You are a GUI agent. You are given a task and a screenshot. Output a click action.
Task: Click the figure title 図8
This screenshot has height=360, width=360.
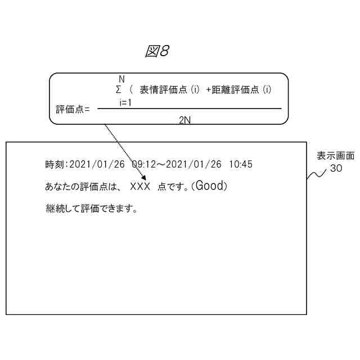[x=157, y=52]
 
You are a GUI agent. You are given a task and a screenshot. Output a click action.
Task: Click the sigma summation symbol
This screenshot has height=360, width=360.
[x=118, y=89]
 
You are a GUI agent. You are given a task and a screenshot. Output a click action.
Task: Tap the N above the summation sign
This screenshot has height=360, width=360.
[x=121, y=79]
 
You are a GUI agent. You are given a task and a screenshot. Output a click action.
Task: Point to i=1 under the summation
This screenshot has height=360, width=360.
[x=125, y=102]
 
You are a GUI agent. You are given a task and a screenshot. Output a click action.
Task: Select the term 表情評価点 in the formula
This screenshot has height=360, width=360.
[x=165, y=89]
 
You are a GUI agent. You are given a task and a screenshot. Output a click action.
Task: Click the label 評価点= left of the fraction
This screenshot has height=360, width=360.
[x=73, y=109]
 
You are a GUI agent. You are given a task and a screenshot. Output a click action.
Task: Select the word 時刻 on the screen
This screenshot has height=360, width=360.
[x=55, y=165]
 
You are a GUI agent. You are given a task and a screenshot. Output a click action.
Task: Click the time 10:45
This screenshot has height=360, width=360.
[x=241, y=165]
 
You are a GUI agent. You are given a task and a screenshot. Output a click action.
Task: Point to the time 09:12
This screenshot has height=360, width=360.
[x=143, y=165]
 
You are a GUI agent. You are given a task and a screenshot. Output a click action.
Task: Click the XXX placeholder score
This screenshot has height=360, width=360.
[x=140, y=187]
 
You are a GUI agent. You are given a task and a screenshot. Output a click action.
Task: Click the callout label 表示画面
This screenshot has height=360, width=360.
[x=335, y=156]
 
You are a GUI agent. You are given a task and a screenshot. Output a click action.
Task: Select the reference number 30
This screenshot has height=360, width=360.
[x=336, y=168]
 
